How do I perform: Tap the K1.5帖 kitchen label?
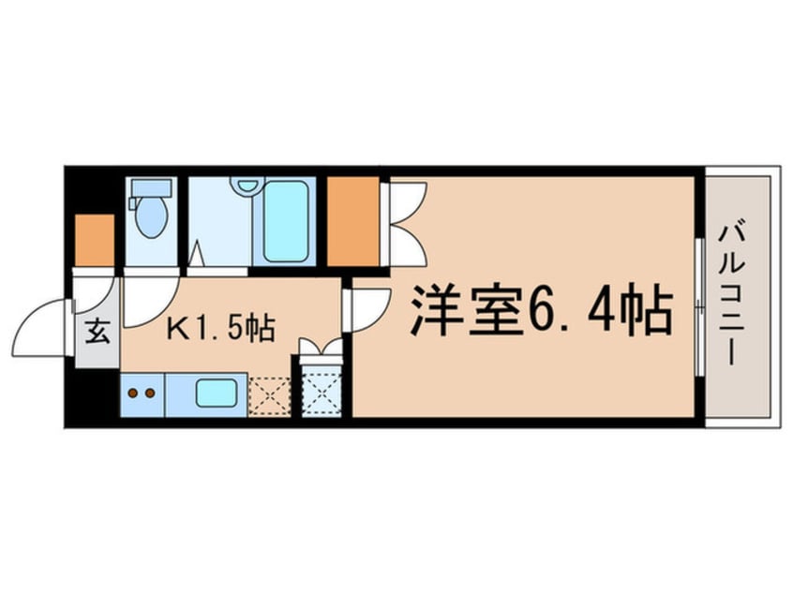pyautogui.click(x=220, y=330)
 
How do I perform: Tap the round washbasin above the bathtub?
pyautogui.click(x=246, y=185)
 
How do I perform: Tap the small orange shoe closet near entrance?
pyautogui.click(x=94, y=241)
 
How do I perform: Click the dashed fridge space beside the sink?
pyautogui.click(x=270, y=394)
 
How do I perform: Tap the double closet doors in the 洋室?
pyautogui.click(x=406, y=220)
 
